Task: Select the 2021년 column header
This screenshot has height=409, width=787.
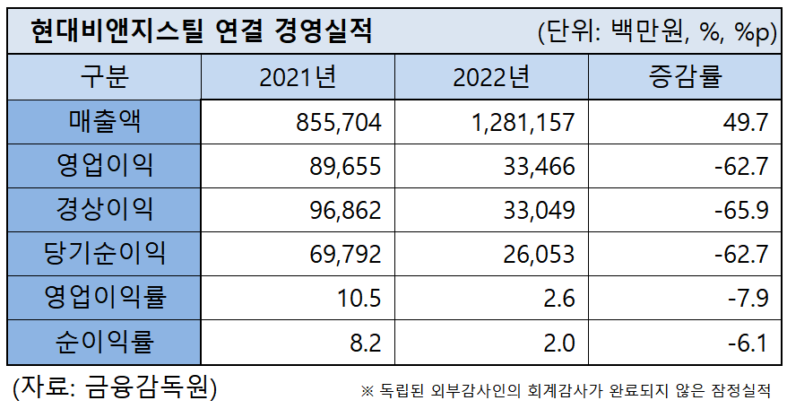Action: pos(298,77)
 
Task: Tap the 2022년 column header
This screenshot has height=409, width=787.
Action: pos(491,77)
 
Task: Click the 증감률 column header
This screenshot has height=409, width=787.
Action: pos(685,77)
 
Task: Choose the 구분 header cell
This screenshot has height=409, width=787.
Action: pos(105,77)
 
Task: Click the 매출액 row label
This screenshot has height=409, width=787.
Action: pos(105,121)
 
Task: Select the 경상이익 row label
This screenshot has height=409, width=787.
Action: pos(105,209)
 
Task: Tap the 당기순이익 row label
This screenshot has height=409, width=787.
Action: pos(105,253)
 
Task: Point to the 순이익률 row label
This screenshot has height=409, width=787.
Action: pos(105,341)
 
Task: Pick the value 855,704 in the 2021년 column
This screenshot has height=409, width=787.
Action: pos(339,122)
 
